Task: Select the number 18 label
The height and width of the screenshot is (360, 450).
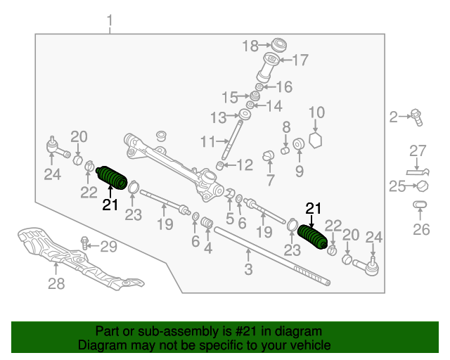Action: [x=250, y=46]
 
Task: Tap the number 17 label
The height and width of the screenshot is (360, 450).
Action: [x=300, y=60]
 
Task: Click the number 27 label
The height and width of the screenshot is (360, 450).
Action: [x=418, y=150]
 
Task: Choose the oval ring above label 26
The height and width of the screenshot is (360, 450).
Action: [x=420, y=205]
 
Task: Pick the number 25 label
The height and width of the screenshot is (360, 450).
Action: [x=398, y=186]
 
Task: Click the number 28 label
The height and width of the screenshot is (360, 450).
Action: [x=56, y=283]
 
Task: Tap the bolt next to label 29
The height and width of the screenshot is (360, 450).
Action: [x=84, y=244]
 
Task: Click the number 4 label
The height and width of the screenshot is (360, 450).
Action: [x=207, y=247]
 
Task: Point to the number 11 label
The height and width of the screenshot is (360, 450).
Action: [x=207, y=141]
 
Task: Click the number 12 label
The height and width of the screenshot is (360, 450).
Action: [x=244, y=166]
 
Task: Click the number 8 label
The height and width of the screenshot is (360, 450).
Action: [x=286, y=127]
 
